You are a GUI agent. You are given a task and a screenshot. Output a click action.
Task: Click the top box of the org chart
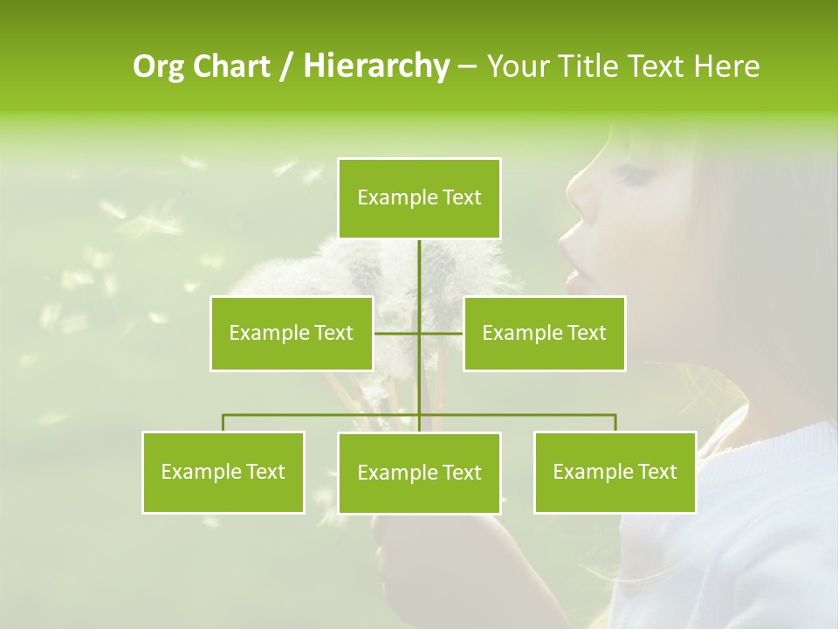tap(419, 198)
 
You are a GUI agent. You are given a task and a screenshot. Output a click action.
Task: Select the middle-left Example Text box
tap(292, 333)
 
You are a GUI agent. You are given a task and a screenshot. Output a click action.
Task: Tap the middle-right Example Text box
tap(544, 333)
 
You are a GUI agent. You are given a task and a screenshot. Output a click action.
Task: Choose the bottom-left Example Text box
tap(223, 472)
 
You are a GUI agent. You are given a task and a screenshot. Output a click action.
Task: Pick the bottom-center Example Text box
tap(419, 473)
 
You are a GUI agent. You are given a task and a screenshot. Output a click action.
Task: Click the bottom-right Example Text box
tap(615, 472)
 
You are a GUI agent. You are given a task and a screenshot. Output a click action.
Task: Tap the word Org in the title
tap(156, 66)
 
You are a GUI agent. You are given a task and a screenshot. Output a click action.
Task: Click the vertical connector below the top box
tap(419, 271)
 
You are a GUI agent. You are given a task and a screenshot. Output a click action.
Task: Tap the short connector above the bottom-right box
tap(615, 423)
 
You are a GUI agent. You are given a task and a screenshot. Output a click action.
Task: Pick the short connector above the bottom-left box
tap(223, 423)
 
